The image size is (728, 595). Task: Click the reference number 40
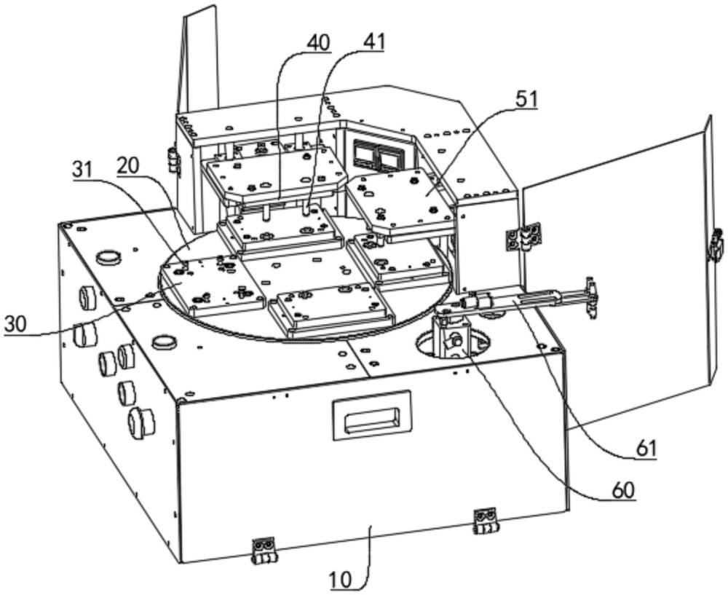(x=318, y=43)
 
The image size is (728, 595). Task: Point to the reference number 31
(x=84, y=170)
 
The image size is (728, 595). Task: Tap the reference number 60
(x=623, y=490)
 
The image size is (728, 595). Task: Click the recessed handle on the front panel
(x=372, y=414)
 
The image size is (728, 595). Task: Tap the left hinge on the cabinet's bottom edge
(x=264, y=551)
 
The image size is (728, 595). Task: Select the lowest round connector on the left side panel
(x=141, y=422)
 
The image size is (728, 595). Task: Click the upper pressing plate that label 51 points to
(x=400, y=202)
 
